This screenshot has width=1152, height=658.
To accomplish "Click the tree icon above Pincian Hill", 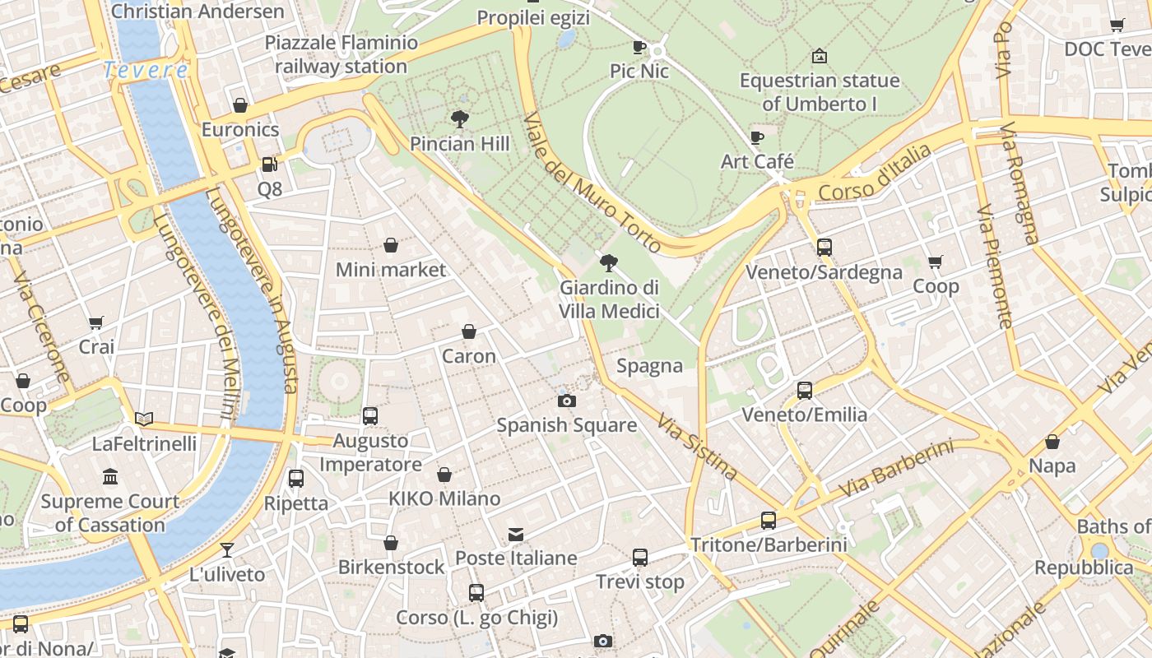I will [x=460, y=119].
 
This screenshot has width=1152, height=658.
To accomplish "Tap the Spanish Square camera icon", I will [x=566, y=401].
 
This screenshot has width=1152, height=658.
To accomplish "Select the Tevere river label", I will [x=146, y=71].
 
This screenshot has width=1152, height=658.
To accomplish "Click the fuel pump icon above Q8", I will [x=269, y=164].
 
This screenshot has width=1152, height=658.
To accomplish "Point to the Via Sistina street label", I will [x=696, y=447].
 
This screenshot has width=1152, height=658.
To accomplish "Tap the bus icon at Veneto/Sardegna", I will [x=824, y=248].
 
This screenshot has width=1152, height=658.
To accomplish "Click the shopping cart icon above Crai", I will [x=96, y=322].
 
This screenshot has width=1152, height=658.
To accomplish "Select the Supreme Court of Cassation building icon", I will [x=110, y=477].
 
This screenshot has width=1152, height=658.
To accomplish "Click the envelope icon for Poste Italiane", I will [x=516, y=535].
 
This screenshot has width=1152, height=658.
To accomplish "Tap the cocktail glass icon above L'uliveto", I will [x=227, y=549].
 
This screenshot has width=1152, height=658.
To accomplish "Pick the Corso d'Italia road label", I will [x=875, y=174].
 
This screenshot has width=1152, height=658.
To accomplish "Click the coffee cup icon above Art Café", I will [x=757, y=137].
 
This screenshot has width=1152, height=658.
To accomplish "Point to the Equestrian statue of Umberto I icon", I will [x=819, y=57].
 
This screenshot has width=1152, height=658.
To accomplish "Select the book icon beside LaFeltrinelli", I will [x=144, y=419].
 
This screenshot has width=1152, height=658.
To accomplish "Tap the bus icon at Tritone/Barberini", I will [x=768, y=521].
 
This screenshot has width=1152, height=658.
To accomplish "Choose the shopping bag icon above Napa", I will [x=1052, y=442].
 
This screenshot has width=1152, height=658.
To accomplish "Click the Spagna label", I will [x=649, y=366].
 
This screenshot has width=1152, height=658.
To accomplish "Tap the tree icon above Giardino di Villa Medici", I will [x=609, y=263].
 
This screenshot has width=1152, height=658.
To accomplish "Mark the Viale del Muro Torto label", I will [x=592, y=183].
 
